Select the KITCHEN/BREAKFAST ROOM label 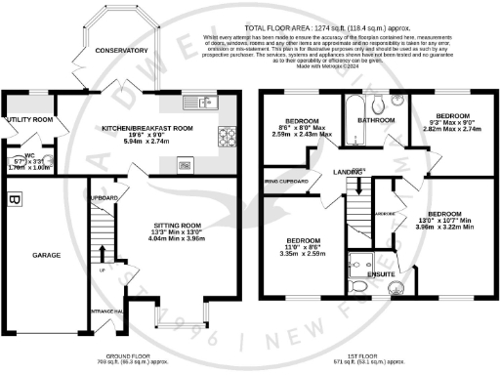(147, 128)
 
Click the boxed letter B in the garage (14, 200)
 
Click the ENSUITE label (380, 274)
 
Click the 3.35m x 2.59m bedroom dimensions (303, 251)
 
